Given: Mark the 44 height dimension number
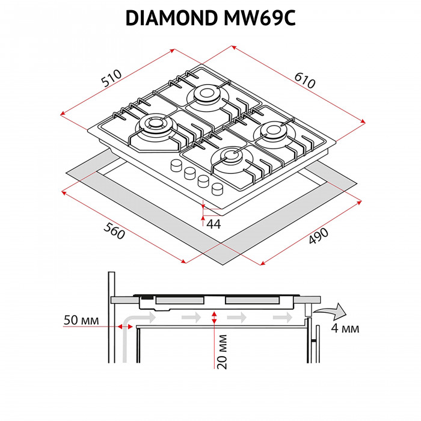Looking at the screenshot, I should [x=214, y=224].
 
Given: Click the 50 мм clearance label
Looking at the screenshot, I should [x=81, y=319].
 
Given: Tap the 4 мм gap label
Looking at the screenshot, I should [x=345, y=328].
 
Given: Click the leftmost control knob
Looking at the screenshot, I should [x=176, y=165].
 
